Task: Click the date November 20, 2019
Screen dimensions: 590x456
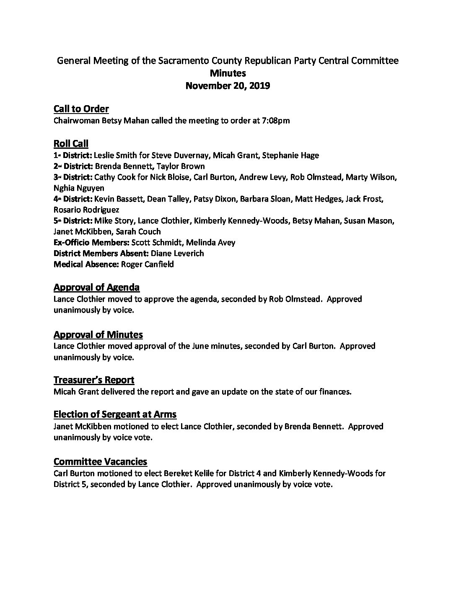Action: tap(228, 86)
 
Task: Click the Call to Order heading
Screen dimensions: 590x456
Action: tap(81, 109)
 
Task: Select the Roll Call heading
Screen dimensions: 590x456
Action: tap(71, 144)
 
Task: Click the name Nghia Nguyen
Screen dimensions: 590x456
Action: tap(79, 188)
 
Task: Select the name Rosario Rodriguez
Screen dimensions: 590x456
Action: tap(86, 210)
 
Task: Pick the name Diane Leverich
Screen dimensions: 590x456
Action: tap(177, 253)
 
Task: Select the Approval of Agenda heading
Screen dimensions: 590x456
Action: tap(96, 287)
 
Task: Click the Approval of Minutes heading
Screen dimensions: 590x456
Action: tap(98, 334)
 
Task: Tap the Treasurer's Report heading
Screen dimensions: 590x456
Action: tap(94, 380)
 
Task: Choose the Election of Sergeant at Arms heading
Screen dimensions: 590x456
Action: tap(115, 415)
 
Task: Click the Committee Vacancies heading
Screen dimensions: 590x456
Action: tap(100, 462)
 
